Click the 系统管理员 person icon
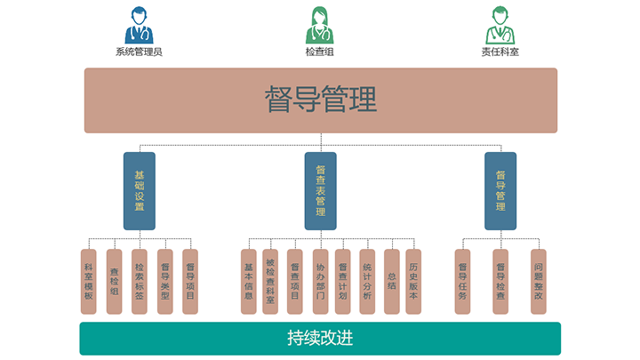[x=139, y=25]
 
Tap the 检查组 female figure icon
[x=320, y=25]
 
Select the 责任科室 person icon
[x=500, y=25]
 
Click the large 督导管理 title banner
[x=320, y=100]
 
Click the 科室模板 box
[x=89, y=281]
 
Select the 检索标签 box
[x=140, y=281]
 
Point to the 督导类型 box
[x=164, y=281]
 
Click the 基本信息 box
[x=249, y=281]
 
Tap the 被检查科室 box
[x=270, y=281]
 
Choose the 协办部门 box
[x=320, y=281]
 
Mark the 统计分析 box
[x=367, y=281]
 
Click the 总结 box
[x=391, y=281]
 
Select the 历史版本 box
[x=413, y=281]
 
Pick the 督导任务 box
[x=462, y=281]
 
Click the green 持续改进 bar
[x=320, y=339]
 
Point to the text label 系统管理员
[x=139, y=52]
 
